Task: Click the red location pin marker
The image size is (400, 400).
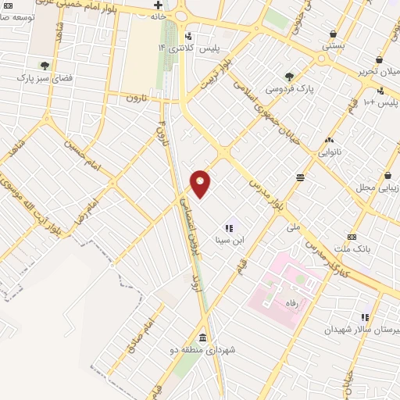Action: click(201, 183)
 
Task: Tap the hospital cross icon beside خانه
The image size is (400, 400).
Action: click(158, 5)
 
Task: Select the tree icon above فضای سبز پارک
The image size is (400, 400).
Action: click(45, 66)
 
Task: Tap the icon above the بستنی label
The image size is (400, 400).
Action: click(334, 34)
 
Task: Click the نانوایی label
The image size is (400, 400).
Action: click(328, 152)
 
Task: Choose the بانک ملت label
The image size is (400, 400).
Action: click(351, 248)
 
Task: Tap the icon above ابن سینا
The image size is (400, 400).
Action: click(229, 228)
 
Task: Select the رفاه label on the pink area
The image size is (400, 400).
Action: click(294, 298)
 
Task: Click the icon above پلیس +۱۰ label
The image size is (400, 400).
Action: click(380, 91)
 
